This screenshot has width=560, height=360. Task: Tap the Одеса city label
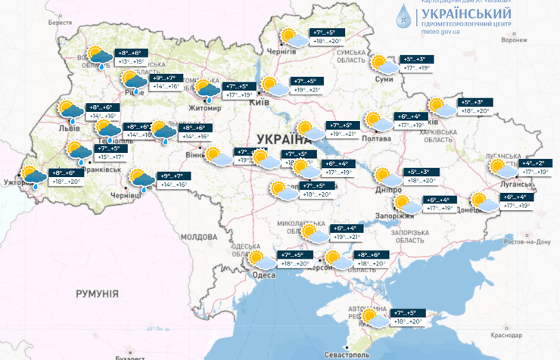pyautogui.click(x=263, y=275)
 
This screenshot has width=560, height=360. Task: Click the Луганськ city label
pyautogui.click(x=506, y=183)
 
